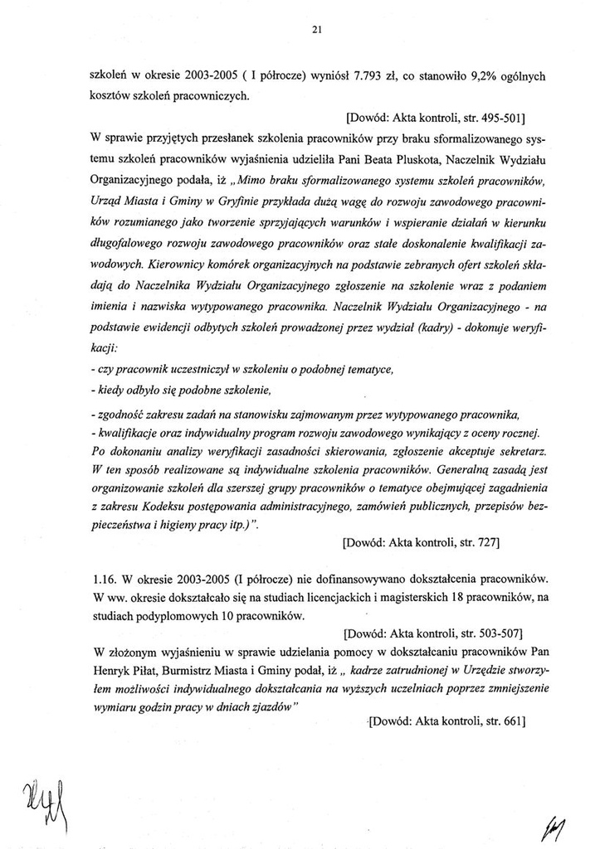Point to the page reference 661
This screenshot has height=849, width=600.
509,721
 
